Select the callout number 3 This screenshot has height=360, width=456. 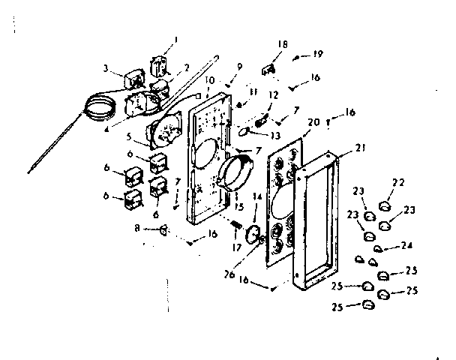(x=108, y=68)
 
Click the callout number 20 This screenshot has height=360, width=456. (x=313, y=121)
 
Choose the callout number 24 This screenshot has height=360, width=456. (x=406, y=244)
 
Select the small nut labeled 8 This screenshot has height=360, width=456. (x=163, y=230)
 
